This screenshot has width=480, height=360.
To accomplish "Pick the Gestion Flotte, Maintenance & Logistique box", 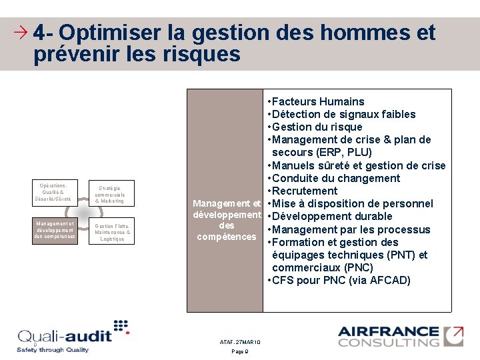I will click(112, 232).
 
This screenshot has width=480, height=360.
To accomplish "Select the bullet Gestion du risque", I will click(317, 127).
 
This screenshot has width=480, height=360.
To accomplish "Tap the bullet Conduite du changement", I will click(337, 178).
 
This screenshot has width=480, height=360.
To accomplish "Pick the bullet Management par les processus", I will click(351, 229).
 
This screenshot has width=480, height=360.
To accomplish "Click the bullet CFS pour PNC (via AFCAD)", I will click(341, 280).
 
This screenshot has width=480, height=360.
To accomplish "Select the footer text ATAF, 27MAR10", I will click(240, 342).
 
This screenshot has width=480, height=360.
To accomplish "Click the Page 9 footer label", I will click(240, 351).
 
